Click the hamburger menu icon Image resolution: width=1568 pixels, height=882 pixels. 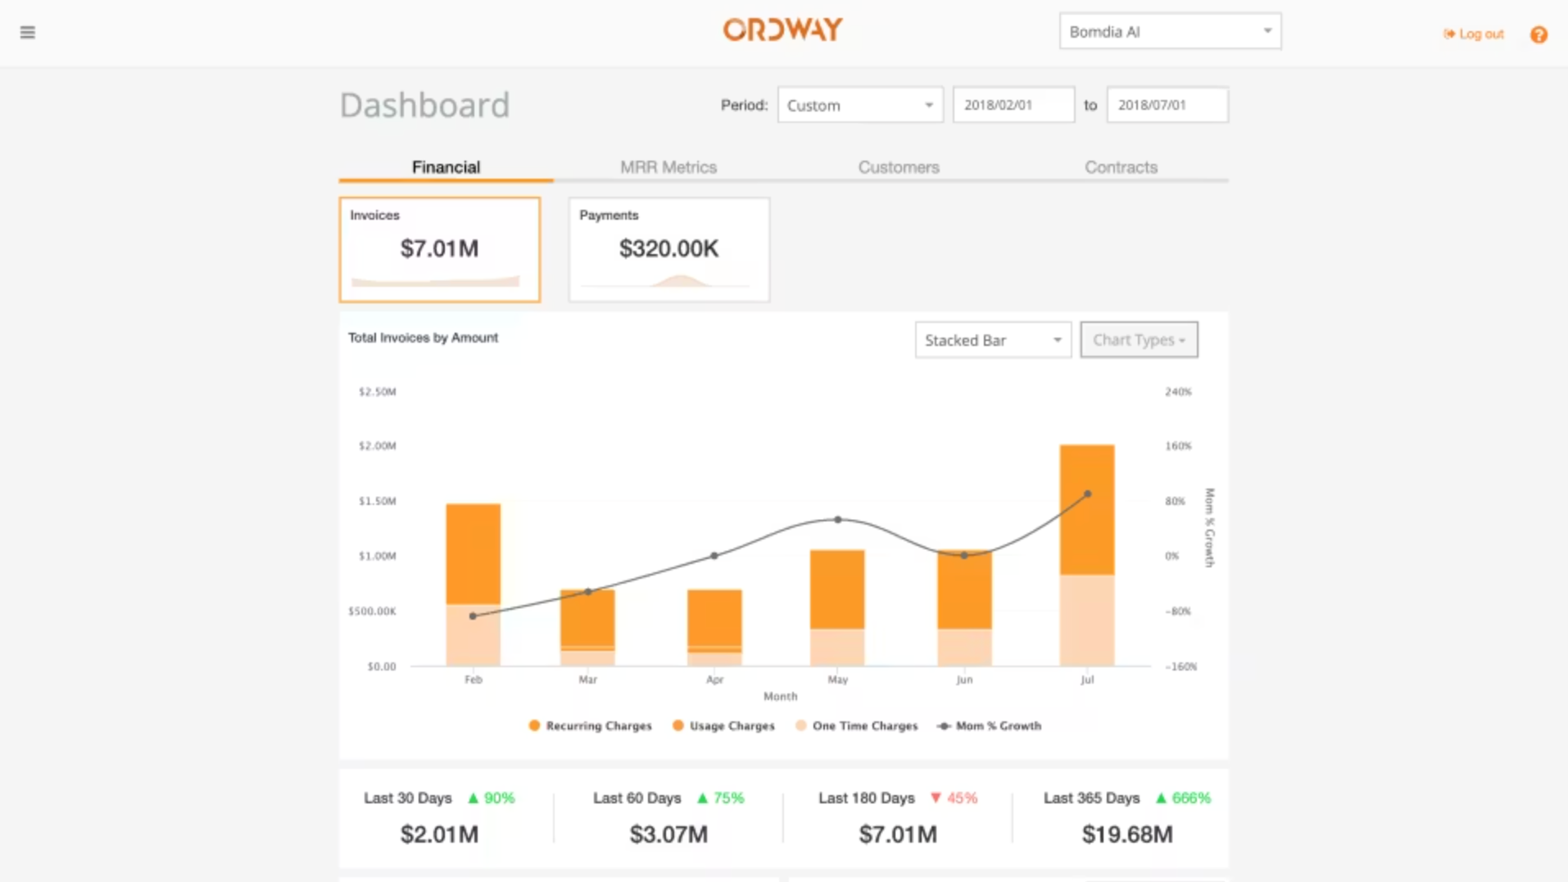point(27,33)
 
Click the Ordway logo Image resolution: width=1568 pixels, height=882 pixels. point(782,30)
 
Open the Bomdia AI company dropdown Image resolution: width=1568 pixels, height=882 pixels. point(1169,32)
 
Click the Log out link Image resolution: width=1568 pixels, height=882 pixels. point(1475,34)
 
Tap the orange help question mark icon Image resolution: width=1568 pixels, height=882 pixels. point(1539,34)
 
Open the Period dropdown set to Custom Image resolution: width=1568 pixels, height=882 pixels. point(859,106)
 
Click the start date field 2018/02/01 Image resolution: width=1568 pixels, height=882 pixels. point(1013,106)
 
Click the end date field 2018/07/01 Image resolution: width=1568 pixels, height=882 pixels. point(1167,106)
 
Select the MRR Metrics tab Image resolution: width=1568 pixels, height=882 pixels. point(668,167)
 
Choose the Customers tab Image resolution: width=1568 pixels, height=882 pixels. point(899,167)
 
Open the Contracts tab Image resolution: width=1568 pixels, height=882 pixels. point(1121,167)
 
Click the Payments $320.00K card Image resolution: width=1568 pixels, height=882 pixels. point(668,249)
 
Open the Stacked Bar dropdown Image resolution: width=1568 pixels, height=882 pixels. point(992,340)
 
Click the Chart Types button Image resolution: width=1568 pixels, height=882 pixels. point(1138,340)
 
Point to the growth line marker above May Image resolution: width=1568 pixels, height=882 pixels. point(837,520)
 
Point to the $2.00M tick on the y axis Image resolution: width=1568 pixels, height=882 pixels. point(377,447)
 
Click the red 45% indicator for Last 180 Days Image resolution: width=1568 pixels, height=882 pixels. point(954,798)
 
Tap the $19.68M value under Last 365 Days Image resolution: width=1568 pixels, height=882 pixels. point(1126,834)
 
